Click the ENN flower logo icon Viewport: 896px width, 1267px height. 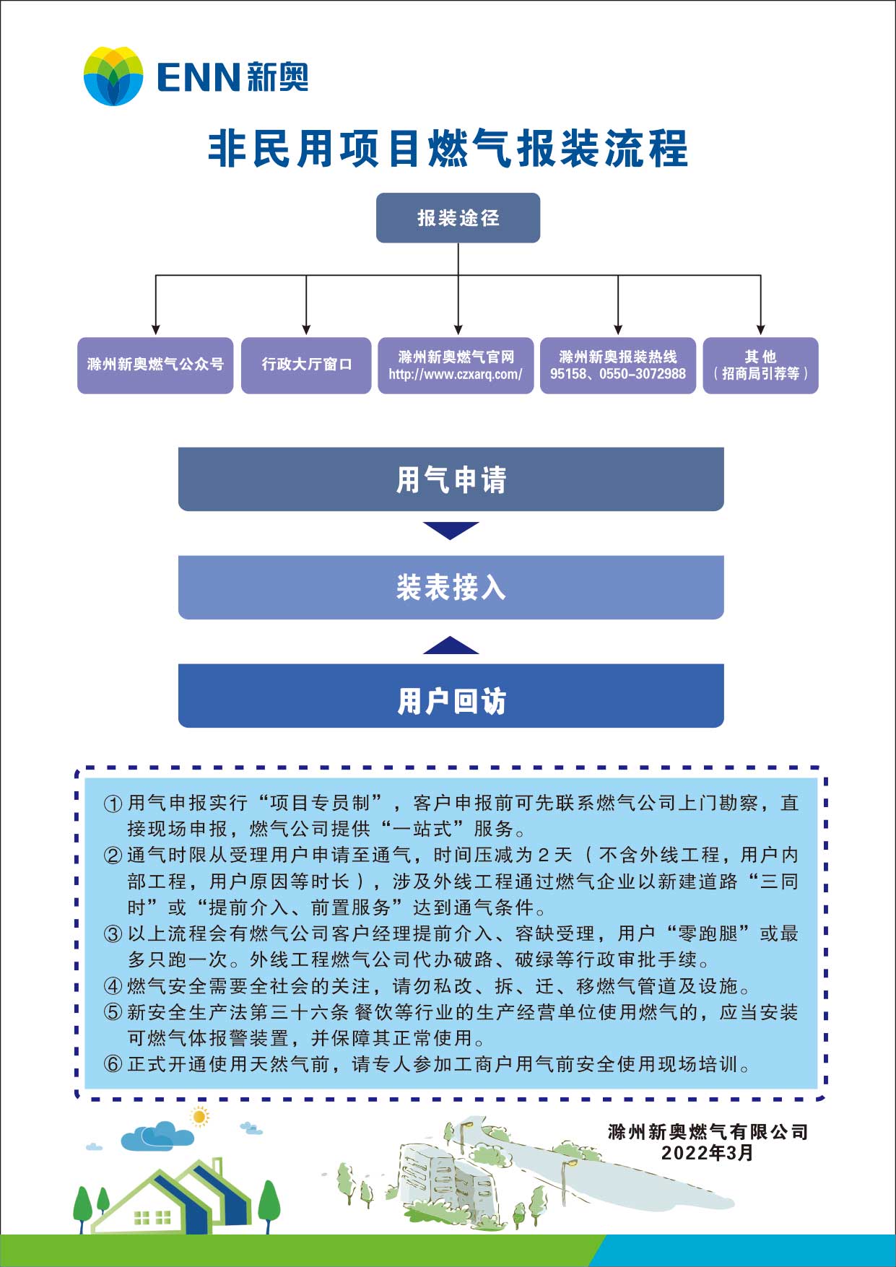pos(113,76)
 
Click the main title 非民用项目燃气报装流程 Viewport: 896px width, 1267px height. pos(448,149)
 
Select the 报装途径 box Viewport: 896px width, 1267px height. pos(458,217)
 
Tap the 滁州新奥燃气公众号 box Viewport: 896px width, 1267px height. pos(155,365)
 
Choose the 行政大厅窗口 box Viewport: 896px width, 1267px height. pos(306,365)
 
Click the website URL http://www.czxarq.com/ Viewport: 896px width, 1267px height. pos(456,375)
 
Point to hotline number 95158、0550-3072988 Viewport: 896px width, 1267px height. pos(618,374)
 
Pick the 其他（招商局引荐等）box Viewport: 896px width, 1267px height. pos(760,365)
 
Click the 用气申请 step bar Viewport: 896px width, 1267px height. pos(451,479)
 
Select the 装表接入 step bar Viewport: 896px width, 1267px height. pos(451,587)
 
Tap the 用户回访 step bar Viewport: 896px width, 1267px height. pos(451,701)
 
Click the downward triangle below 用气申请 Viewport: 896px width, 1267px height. pos(451,529)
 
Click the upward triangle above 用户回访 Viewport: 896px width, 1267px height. pos(451,646)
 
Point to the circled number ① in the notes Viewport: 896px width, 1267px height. pos(113,804)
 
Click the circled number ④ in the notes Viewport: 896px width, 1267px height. pos(113,986)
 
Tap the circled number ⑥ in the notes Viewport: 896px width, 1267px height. pos(113,1064)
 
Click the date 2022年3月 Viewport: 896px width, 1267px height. pos(707,1153)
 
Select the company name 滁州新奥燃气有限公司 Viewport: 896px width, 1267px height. pos(707,1132)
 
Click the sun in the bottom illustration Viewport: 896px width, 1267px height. pos(199,1117)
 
